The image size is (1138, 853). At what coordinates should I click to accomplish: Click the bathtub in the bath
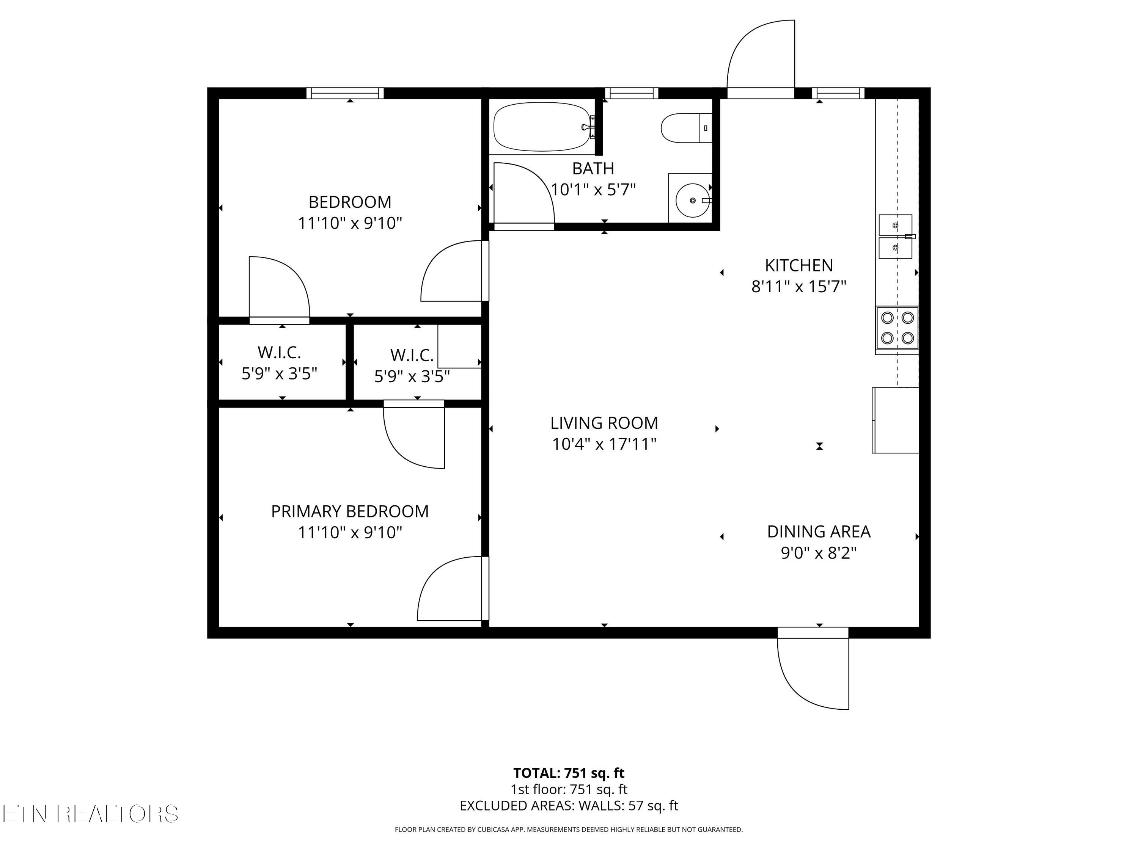[x=541, y=127]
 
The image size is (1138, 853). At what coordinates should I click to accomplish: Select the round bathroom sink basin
[x=692, y=200]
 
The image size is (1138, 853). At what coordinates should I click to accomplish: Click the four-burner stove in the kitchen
[x=897, y=328]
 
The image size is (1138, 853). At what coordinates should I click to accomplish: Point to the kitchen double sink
[x=896, y=237]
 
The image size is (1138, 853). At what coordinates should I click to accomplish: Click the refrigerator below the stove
[x=895, y=420]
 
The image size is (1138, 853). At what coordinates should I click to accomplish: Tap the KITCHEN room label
[x=798, y=265]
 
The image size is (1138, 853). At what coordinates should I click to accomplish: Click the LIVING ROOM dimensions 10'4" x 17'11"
[x=604, y=444]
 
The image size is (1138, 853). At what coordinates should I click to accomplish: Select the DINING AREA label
[x=819, y=531]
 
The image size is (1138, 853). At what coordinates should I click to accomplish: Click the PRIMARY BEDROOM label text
[x=350, y=511]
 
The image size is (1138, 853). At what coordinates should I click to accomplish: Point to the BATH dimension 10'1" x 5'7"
[x=593, y=190]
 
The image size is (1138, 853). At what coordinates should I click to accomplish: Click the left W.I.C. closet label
[x=279, y=352]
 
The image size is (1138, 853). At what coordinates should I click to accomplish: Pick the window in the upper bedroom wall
[x=345, y=93]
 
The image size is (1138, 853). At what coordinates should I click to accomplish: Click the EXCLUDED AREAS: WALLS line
[x=569, y=806]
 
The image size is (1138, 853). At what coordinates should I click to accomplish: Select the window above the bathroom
[x=632, y=93]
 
